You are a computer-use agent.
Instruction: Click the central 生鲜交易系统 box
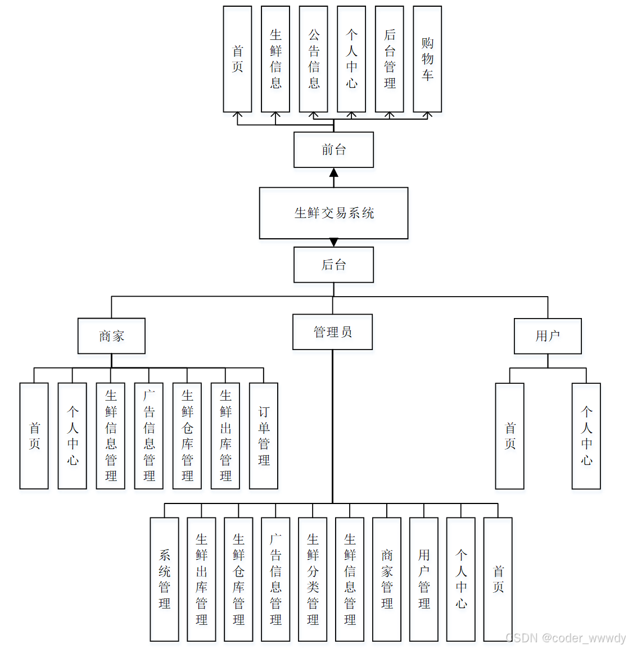(x=333, y=213)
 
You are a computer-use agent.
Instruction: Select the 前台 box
(x=333, y=149)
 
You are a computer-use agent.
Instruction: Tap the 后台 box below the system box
(x=333, y=265)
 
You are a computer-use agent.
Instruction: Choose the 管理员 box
(x=332, y=332)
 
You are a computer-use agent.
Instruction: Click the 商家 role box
(x=111, y=336)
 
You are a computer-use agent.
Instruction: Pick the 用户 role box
(x=548, y=336)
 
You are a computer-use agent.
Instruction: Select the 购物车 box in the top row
(x=427, y=59)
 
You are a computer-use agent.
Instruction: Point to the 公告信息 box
(x=314, y=59)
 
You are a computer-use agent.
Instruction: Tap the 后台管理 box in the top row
(x=390, y=59)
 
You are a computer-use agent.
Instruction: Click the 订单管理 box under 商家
(x=264, y=436)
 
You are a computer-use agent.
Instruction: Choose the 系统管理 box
(x=164, y=579)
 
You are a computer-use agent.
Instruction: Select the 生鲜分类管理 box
(x=313, y=579)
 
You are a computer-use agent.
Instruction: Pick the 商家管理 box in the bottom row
(x=387, y=579)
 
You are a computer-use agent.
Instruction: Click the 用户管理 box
(x=424, y=579)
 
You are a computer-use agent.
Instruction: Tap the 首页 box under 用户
(x=510, y=436)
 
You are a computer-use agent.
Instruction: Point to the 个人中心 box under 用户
(x=586, y=436)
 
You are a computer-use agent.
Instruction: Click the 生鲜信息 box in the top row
(x=275, y=59)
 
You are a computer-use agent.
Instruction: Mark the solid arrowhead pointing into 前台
(x=333, y=173)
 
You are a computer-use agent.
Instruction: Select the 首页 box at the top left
(x=237, y=59)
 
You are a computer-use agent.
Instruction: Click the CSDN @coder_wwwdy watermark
(x=566, y=638)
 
